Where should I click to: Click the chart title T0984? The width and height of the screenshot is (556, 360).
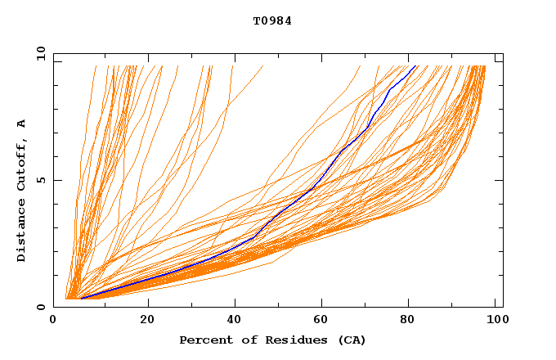point(272,21)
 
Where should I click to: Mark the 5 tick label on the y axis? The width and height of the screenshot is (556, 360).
point(41,181)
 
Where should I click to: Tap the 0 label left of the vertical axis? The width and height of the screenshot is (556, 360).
point(41,307)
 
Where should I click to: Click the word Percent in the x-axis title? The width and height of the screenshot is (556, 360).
point(202,340)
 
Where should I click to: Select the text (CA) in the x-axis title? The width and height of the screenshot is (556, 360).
point(350,340)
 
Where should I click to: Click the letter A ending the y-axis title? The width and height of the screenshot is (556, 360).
point(22,124)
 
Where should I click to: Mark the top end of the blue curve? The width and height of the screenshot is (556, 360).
point(416,65)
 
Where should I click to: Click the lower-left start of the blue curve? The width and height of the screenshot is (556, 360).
point(81,298)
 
